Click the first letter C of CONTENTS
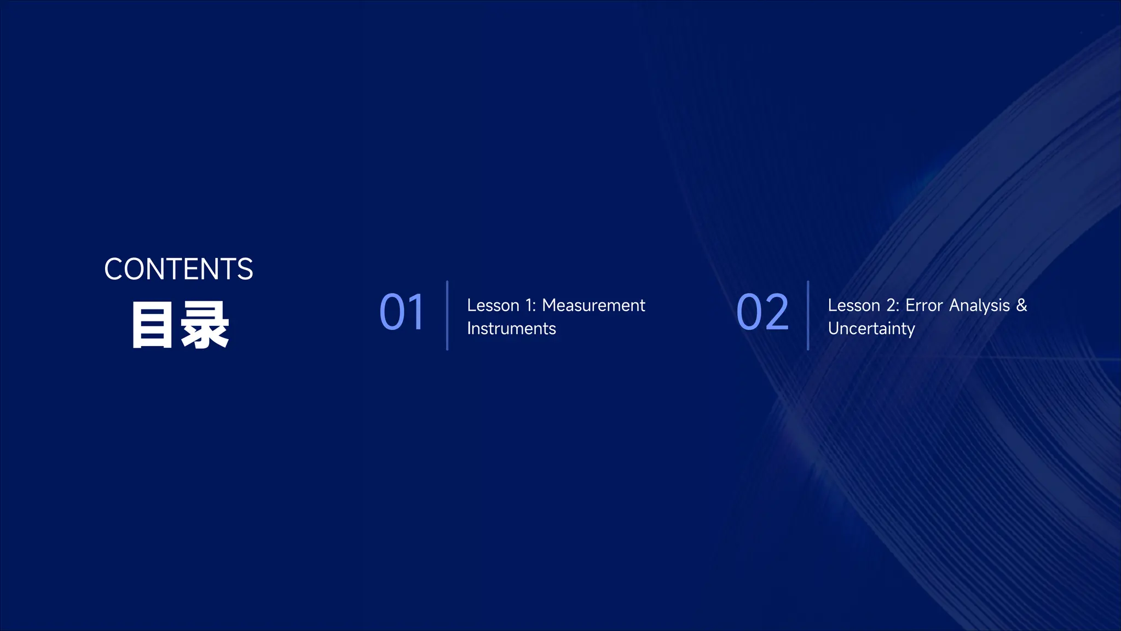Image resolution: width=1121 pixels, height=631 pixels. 114,269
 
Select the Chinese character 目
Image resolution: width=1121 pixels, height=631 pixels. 152,325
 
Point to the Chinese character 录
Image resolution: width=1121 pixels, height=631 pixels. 205,325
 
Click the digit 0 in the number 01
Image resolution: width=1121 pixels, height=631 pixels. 392,312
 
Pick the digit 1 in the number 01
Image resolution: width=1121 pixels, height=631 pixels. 417,312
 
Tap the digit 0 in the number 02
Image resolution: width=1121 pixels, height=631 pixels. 750,312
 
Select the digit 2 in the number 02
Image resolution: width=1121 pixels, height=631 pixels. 777,312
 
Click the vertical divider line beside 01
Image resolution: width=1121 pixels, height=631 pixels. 447,315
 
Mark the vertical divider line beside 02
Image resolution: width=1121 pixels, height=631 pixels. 808,315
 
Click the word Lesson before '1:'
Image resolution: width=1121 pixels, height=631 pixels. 493,306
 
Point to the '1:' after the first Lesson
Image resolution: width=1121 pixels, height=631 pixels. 530,306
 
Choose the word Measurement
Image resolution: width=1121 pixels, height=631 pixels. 593,306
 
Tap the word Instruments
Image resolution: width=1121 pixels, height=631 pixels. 511,329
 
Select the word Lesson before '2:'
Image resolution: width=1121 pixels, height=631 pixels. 854,306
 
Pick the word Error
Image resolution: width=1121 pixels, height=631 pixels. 924,306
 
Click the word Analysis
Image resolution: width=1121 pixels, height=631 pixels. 979,306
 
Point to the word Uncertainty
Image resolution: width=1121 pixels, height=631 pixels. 871,329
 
